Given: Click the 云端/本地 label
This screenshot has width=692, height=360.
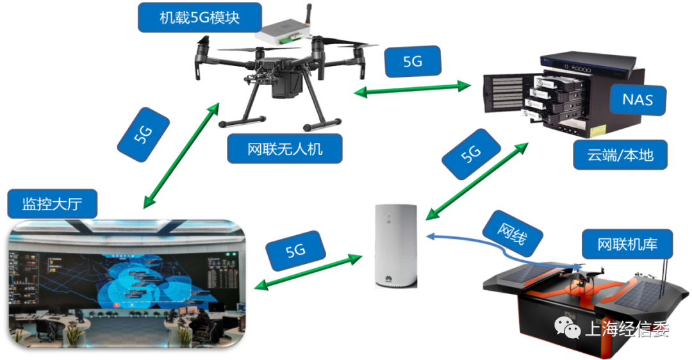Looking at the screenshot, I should tap(620, 154).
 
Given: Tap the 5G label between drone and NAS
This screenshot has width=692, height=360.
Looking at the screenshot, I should tap(413, 62).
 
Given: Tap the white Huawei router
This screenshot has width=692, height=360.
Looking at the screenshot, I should tap(395, 247).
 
